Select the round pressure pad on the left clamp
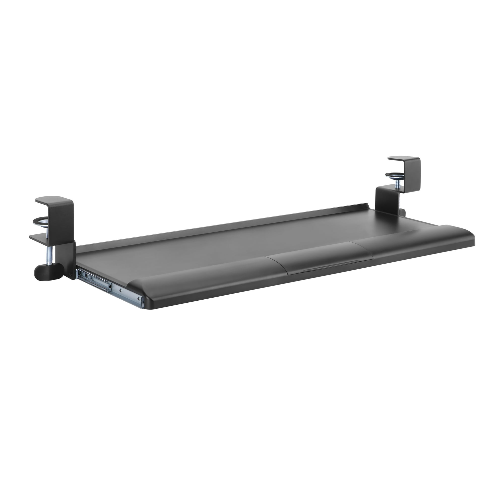coord(40,222)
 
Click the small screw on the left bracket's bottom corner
coord(71,273)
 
